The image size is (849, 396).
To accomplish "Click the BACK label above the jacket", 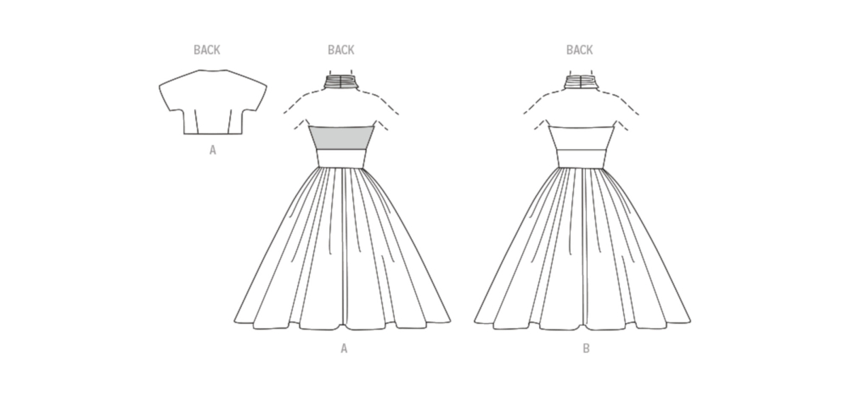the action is click(x=207, y=50).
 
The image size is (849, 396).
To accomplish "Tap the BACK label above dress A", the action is click(x=341, y=50).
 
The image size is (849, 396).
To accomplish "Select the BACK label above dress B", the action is click(x=579, y=50).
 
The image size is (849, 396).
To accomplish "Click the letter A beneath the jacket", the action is click(x=213, y=151).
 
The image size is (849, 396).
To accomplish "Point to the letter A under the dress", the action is click(x=344, y=348).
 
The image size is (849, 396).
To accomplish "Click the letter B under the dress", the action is click(x=586, y=348).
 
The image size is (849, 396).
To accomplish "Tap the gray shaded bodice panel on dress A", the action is click(x=342, y=138).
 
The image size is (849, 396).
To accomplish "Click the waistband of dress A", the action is click(x=342, y=158).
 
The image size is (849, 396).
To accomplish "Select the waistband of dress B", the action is click(x=582, y=158).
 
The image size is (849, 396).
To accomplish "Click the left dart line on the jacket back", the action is click(x=196, y=122).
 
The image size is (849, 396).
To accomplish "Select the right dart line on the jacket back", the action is click(x=230, y=122).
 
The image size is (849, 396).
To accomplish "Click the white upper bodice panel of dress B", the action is click(x=582, y=138).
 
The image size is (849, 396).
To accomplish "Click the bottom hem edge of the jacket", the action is click(x=213, y=134).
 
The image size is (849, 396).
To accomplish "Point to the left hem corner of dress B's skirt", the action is click(x=475, y=322).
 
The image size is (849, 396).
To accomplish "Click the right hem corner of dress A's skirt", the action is click(x=450, y=321).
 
